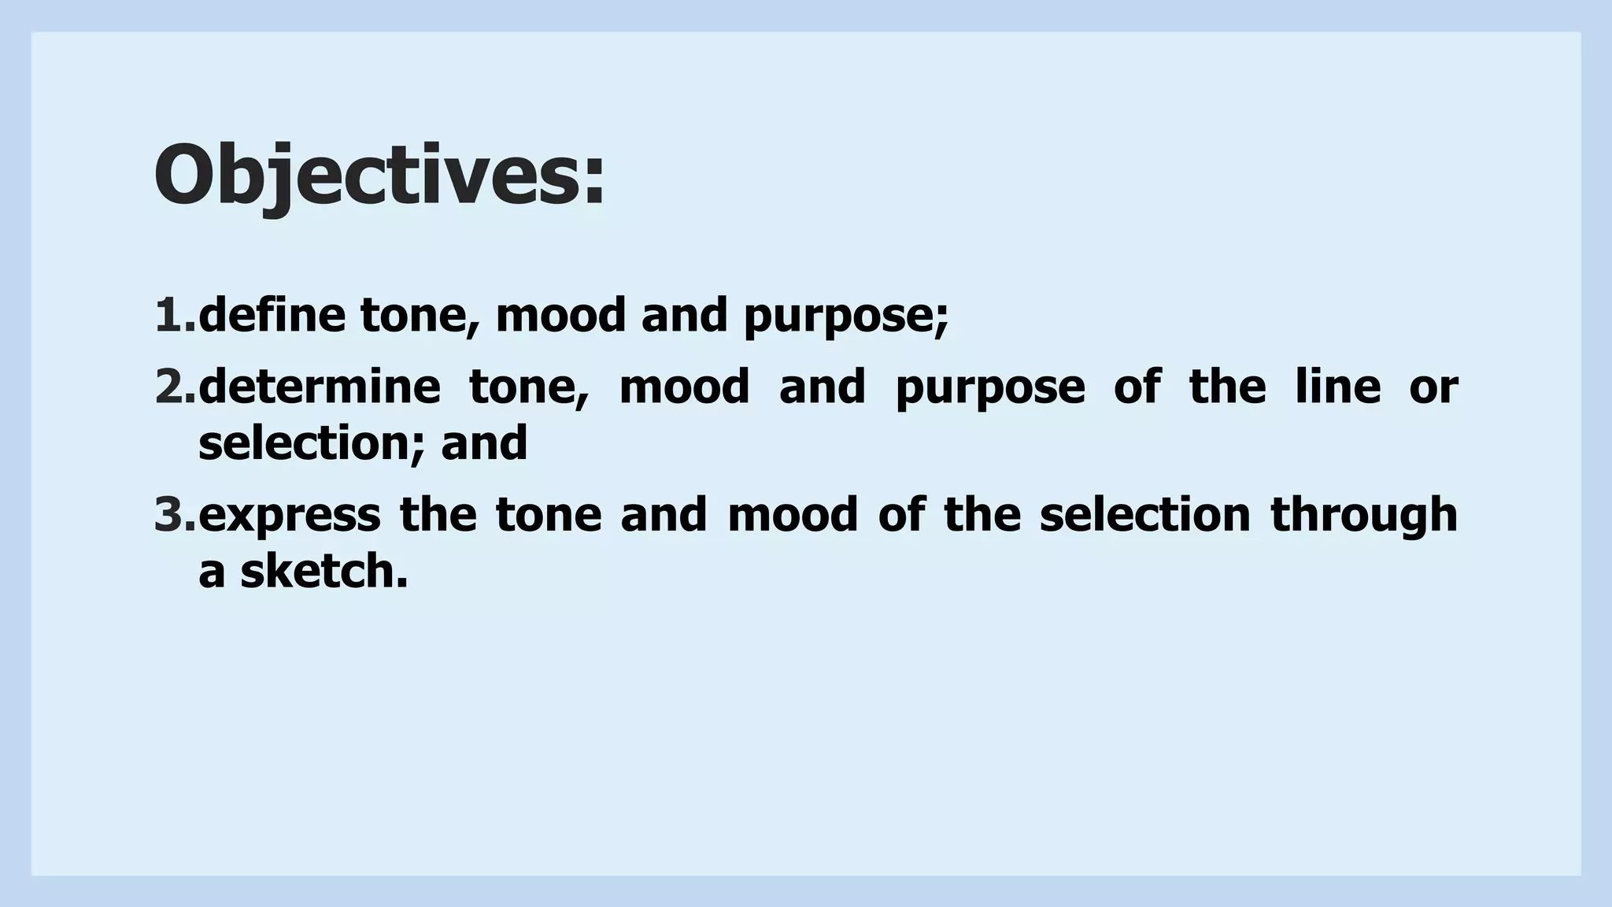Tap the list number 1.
click(x=175, y=315)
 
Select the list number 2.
click(x=175, y=387)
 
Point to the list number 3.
click(x=175, y=514)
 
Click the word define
click(x=272, y=315)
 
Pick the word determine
click(x=320, y=387)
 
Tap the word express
click(x=290, y=516)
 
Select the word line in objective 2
click(x=1337, y=387)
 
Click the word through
click(x=1363, y=516)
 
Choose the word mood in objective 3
click(x=792, y=516)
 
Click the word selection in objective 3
click(x=1144, y=516)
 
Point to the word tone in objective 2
click(x=528, y=388)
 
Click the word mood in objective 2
click(x=684, y=387)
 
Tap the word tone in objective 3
click(x=548, y=516)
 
